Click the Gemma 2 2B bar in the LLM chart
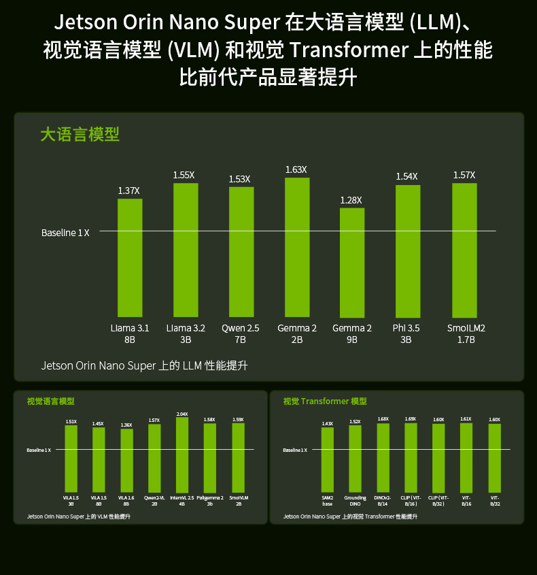point(297,246)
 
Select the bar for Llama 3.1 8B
point(130,257)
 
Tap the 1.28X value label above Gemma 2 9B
point(351,200)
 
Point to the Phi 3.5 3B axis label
point(406,333)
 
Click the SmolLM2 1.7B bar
point(464,249)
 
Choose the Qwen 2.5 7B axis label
point(240,333)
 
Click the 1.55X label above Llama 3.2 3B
point(184,175)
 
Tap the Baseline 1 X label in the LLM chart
point(65,233)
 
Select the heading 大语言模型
point(80,134)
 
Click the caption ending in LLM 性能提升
point(144,366)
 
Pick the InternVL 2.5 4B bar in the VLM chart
point(182,455)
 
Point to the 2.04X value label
point(182,414)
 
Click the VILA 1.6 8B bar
point(126,461)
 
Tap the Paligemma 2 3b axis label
point(209,501)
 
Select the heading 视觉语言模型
point(51,401)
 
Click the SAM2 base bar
point(328,460)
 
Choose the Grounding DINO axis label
point(355,501)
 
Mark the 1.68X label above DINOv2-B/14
point(383,419)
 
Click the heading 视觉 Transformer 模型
point(325,401)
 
